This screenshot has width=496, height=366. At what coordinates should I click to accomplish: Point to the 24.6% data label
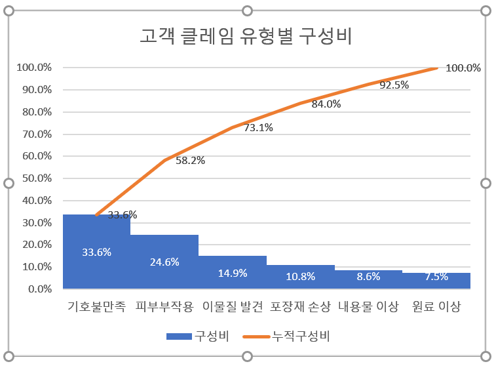164,262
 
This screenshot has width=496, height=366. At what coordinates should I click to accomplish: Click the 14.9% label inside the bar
233,273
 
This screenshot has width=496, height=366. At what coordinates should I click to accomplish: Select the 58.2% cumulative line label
191,160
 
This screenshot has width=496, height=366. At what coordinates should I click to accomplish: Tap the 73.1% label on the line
258,128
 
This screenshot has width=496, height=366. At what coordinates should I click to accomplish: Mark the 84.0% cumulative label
326,104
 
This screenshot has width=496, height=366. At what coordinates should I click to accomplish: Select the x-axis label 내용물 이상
368,307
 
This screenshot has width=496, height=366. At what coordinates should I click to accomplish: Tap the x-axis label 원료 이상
436,307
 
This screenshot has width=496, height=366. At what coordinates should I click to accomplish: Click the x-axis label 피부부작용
164,307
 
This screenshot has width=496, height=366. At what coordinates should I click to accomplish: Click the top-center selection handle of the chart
247,10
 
